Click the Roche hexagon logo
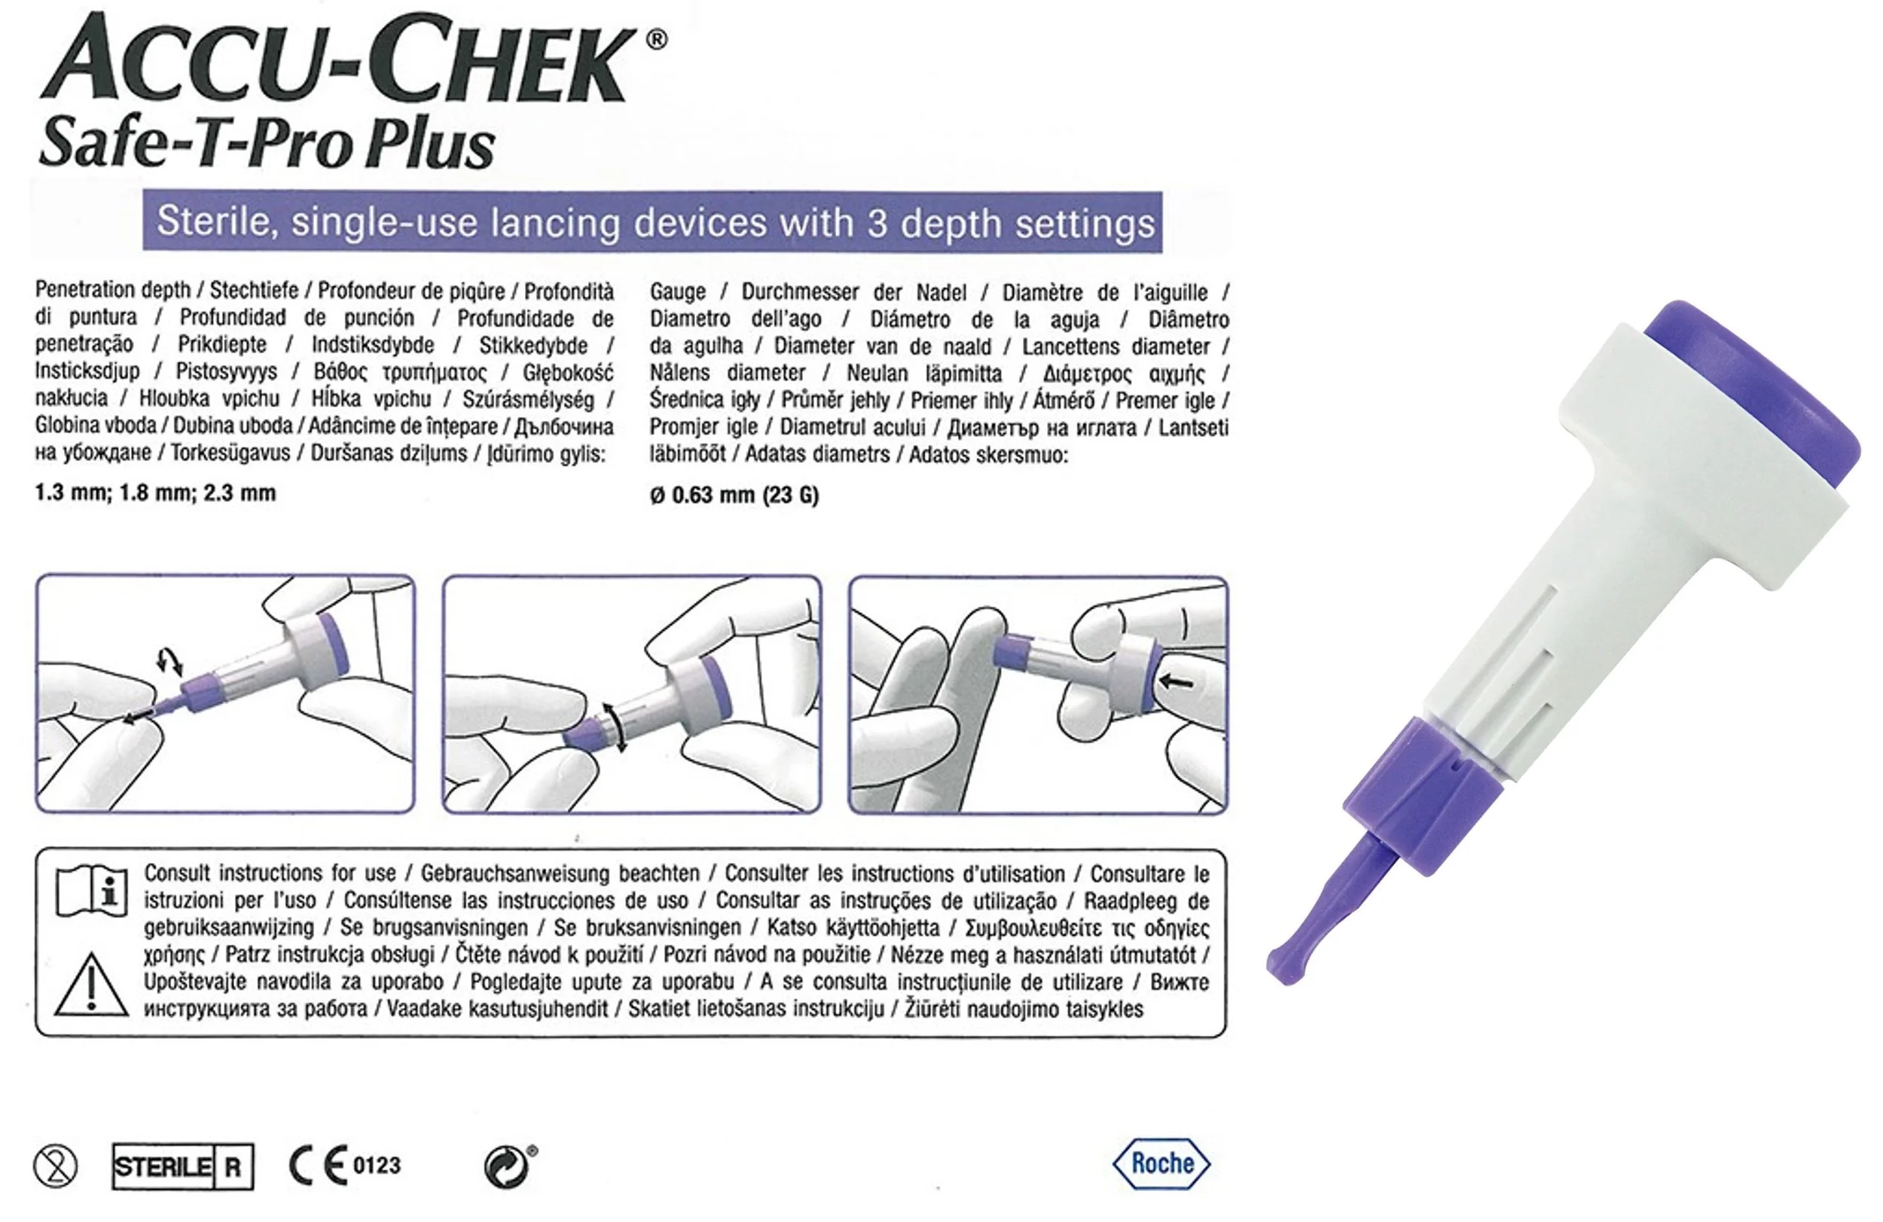(x=1161, y=1163)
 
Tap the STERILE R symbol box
(x=183, y=1166)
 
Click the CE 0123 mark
(x=344, y=1166)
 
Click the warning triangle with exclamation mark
(x=91, y=986)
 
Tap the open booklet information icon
(x=92, y=891)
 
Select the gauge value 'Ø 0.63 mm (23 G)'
(x=734, y=496)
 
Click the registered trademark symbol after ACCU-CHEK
(x=656, y=40)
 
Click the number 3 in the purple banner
(x=877, y=223)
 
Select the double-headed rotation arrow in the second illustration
(x=615, y=726)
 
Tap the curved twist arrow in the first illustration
(x=169, y=661)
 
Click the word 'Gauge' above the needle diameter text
(x=677, y=292)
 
